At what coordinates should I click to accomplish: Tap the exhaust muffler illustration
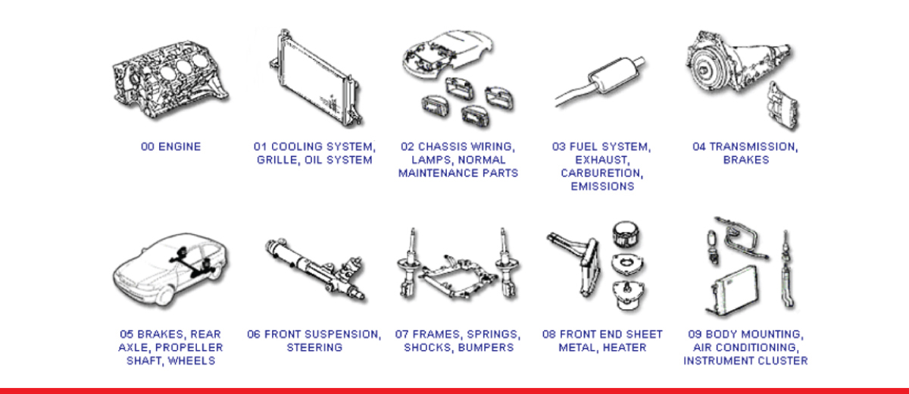click(x=601, y=81)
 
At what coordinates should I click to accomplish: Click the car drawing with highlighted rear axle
click(x=170, y=270)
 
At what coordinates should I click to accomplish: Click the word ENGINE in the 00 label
click(x=180, y=146)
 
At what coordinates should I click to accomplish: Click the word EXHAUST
click(x=602, y=160)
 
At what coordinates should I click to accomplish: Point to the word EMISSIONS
click(x=602, y=186)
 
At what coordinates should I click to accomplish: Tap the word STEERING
click(x=314, y=348)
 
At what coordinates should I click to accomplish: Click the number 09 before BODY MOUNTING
click(x=695, y=334)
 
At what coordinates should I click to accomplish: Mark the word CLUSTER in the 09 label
click(x=781, y=361)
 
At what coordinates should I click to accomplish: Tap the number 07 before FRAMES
click(x=401, y=334)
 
